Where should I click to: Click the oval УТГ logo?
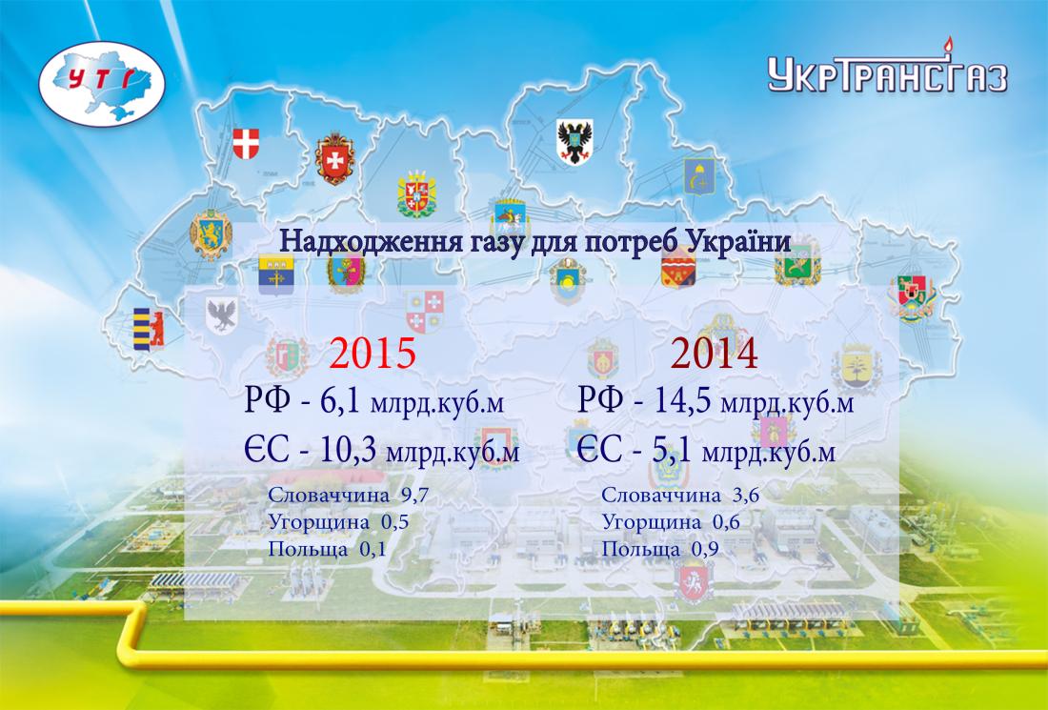coord(102,84)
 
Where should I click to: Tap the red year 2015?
coord(373,353)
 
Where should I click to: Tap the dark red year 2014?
coord(714,353)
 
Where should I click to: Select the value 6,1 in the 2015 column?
coord(339,401)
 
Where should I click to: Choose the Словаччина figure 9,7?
coord(414,496)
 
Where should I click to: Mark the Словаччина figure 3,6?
coord(746,496)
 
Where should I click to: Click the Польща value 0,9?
coord(705,550)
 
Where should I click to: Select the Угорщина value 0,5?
coord(395,522)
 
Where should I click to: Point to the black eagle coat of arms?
coord(574,142)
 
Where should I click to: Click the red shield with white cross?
coord(246,144)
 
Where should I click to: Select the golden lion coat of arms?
coord(211,234)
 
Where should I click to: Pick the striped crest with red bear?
coord(149,330)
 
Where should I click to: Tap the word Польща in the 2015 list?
coord(308,550)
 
